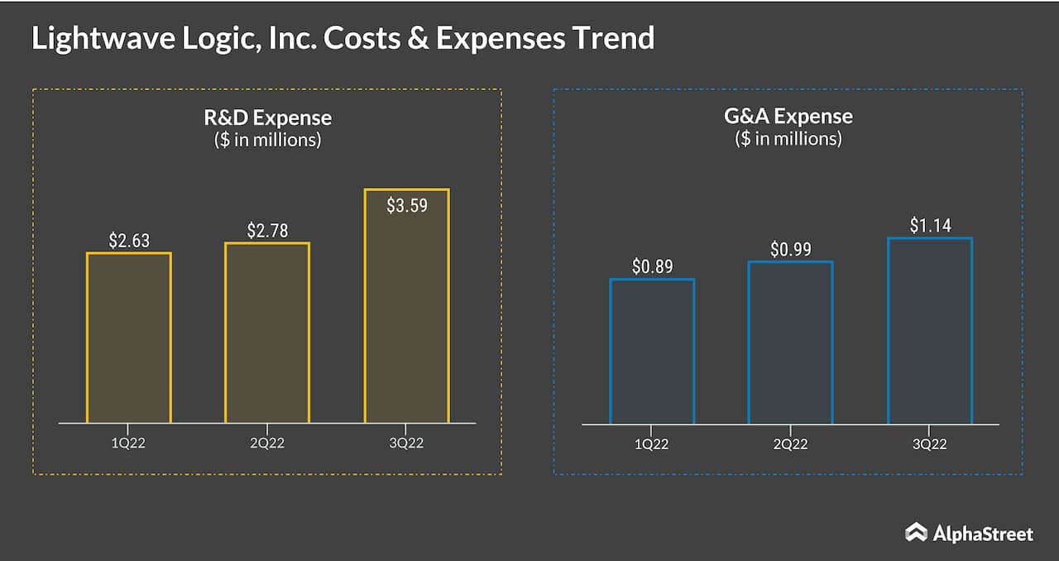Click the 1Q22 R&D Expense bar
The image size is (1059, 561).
[x=128, y=338]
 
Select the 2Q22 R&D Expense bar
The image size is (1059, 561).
[x=267, y=333]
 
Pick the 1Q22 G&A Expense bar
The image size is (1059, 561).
[x=652, y=352]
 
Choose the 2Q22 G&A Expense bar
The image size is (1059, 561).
[x=790, y=343]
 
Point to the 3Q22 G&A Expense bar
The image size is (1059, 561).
[x=929, y=331]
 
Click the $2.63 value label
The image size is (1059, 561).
[x=128, y=241]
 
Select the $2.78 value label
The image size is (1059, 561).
[x=267, y=231]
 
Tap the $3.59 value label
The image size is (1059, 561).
[x=406, y=205]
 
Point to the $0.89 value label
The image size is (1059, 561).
[x=652, y=267]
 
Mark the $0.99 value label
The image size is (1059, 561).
[x=790, y=249]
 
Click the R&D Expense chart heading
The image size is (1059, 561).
[x=267, y=117]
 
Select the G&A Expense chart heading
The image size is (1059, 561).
[x=788, y=117]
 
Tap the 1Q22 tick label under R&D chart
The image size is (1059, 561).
[x=128, y=443]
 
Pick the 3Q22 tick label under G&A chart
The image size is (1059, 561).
[x=929, y=444]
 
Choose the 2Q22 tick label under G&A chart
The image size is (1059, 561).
[x=790, y=444]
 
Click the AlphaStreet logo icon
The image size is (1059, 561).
[x=915, y=532]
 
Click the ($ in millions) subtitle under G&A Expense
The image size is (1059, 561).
[x=788, y=139]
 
